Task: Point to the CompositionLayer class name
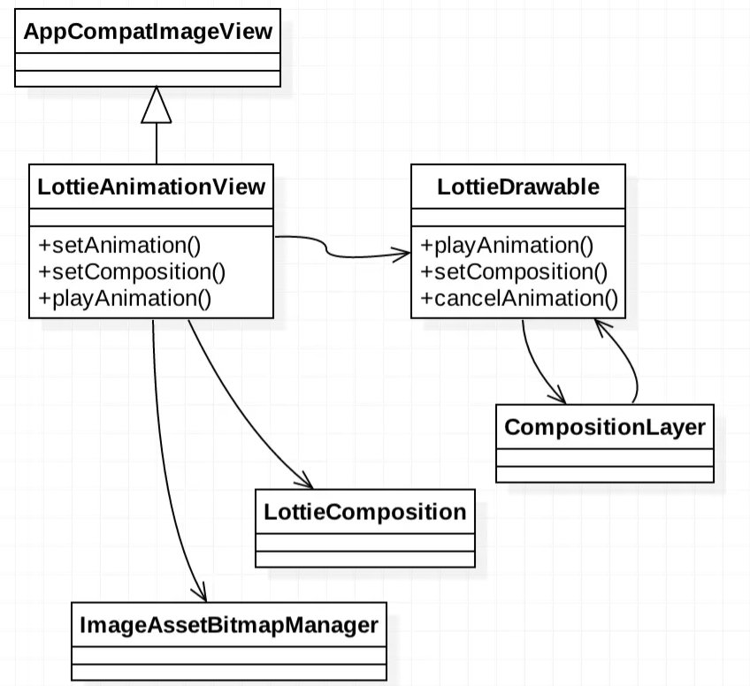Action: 604,427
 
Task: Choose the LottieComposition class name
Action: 364,511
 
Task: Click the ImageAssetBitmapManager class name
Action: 228,625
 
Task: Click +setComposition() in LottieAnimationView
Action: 119,271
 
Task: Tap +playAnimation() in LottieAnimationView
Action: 125,298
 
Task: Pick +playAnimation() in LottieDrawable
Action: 507,245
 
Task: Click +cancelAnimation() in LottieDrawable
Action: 519,298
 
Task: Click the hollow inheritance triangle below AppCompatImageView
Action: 156,106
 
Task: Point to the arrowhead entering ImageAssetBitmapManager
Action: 199,593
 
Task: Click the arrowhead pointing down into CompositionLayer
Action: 557,395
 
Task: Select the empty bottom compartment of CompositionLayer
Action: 604,473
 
